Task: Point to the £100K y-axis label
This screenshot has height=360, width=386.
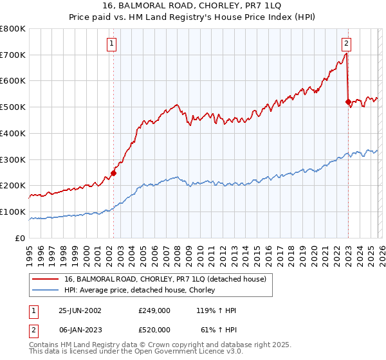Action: (13, 212)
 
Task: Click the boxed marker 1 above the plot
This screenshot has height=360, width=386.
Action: (112, 44)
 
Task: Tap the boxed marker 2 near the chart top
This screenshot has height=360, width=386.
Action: (346, 44)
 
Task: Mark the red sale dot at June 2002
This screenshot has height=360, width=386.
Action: (114, 172)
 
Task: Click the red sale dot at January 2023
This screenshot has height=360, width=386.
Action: (348, 102)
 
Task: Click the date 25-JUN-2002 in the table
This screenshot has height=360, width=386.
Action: (80, 310)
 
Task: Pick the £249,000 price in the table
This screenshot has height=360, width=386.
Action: (154, 310)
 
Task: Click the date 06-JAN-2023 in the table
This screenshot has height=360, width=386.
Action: (80, 329)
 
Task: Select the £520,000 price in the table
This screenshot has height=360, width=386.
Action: (154, 329)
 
